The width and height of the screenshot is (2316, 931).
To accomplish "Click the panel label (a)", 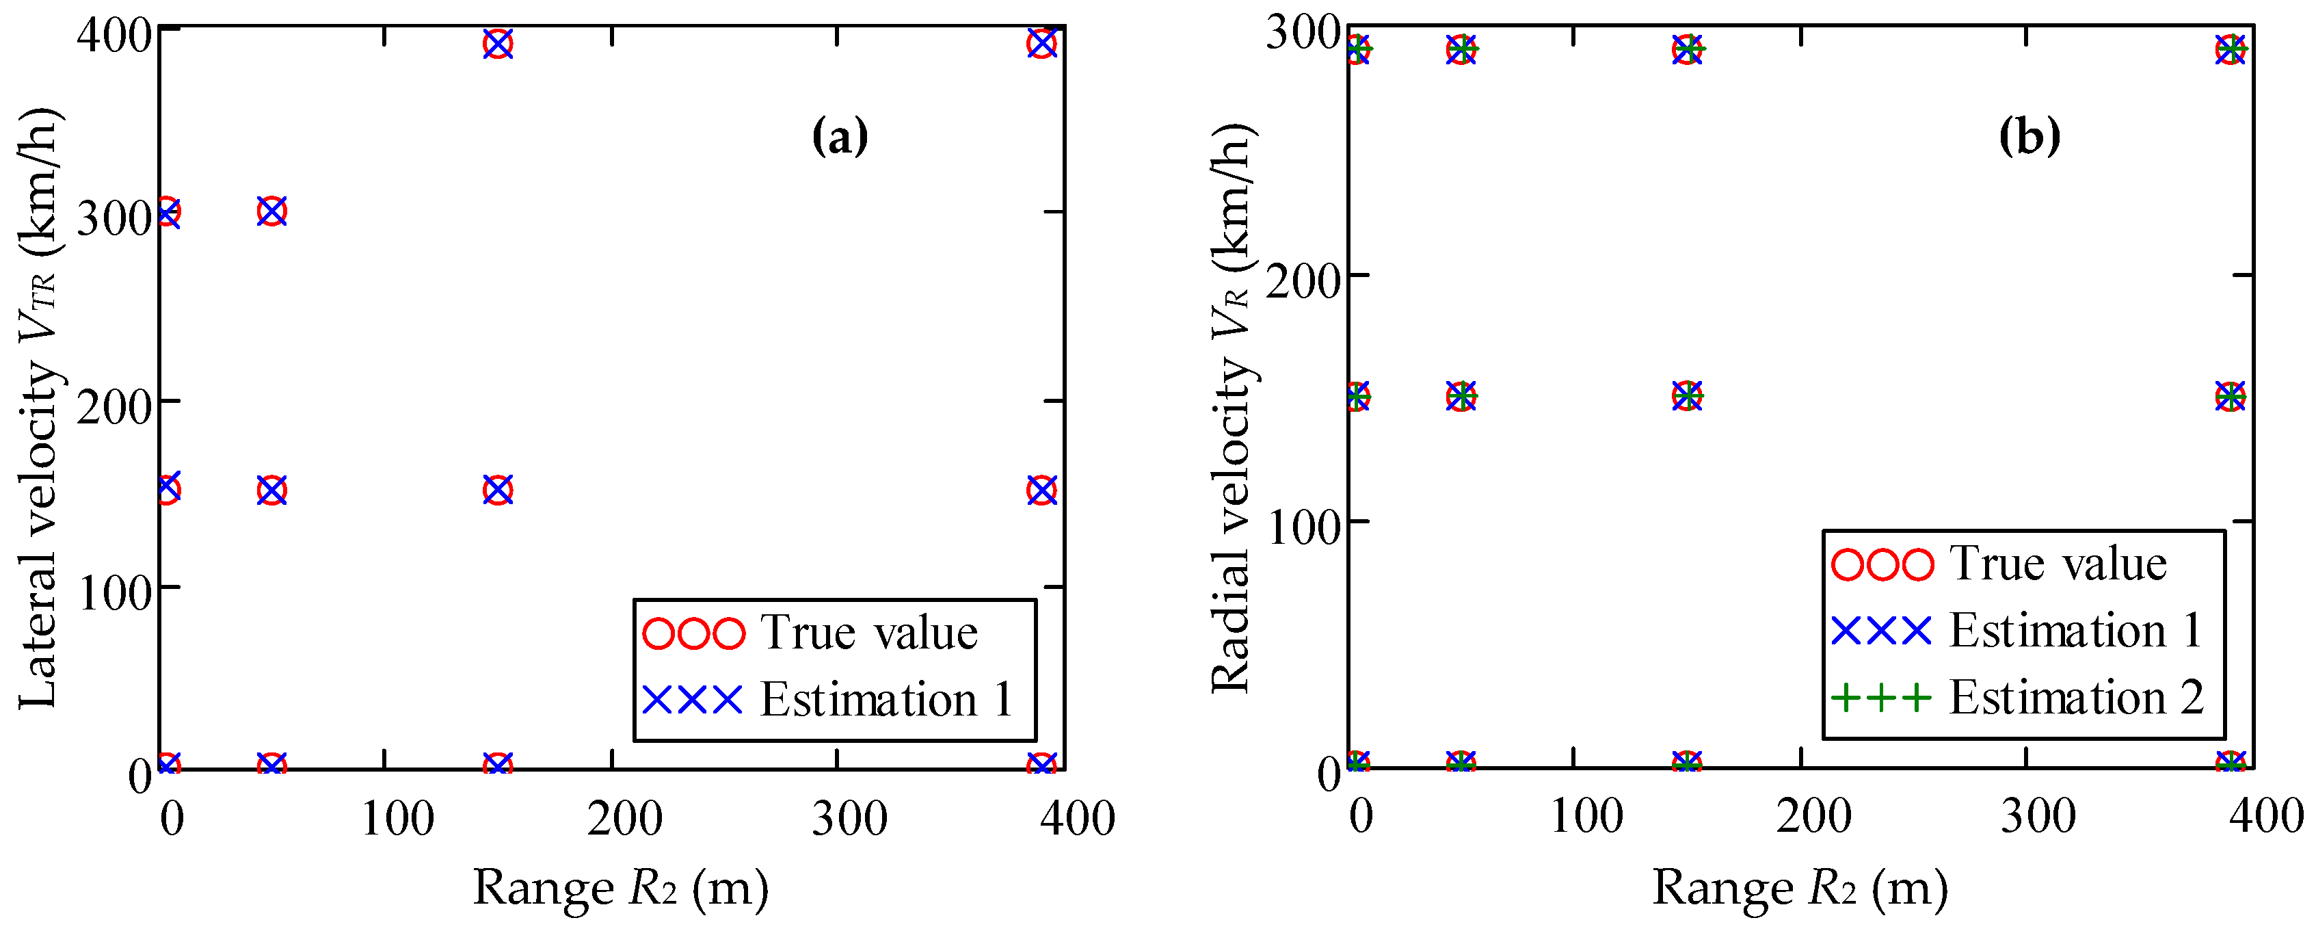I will tap(839, 137).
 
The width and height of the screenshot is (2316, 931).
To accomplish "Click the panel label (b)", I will tap(2028, 137).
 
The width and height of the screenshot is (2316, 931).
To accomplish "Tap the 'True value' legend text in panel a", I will tap(868, 632).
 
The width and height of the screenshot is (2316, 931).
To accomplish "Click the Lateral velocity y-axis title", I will tap(38, 409).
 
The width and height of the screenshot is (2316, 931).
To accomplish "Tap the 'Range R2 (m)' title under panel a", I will tap(620, 889).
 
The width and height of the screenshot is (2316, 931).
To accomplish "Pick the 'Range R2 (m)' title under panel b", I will tap(1800, 889).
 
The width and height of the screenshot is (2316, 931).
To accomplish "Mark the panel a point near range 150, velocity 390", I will tap(497, 43).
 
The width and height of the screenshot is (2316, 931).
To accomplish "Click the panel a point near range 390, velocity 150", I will tap(1041, 490).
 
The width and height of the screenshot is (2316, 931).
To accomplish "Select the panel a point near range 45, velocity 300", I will tap(271, 211).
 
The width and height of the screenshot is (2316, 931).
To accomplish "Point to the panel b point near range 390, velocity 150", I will tap(2231, 396).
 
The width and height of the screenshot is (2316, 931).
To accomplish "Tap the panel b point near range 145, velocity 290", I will tap(1688, 49).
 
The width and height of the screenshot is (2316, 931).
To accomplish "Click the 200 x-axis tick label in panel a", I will tap(624, 819).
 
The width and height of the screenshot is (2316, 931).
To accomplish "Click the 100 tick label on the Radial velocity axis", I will tap(1303, 528).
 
